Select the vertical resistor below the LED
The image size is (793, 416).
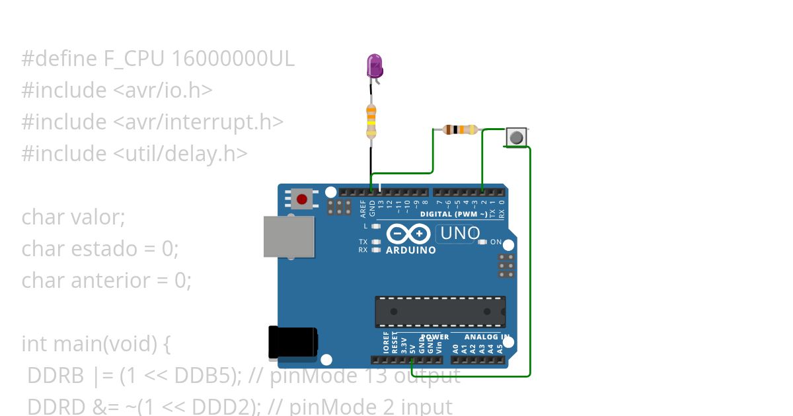point(371,121)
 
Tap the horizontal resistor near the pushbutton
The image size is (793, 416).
point(460,129)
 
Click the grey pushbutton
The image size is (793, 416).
point(516,137)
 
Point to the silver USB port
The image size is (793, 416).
point(289,236)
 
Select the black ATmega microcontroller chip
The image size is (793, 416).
point(440,311)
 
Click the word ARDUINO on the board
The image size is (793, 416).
point(410,250)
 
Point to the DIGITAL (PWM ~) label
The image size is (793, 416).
point(453,214)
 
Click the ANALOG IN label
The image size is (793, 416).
point(486,337)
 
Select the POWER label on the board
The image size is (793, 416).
point(435,337)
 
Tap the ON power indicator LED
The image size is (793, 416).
point(482,242)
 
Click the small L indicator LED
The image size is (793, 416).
point(376,226)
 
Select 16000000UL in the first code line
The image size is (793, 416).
point(233,59)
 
